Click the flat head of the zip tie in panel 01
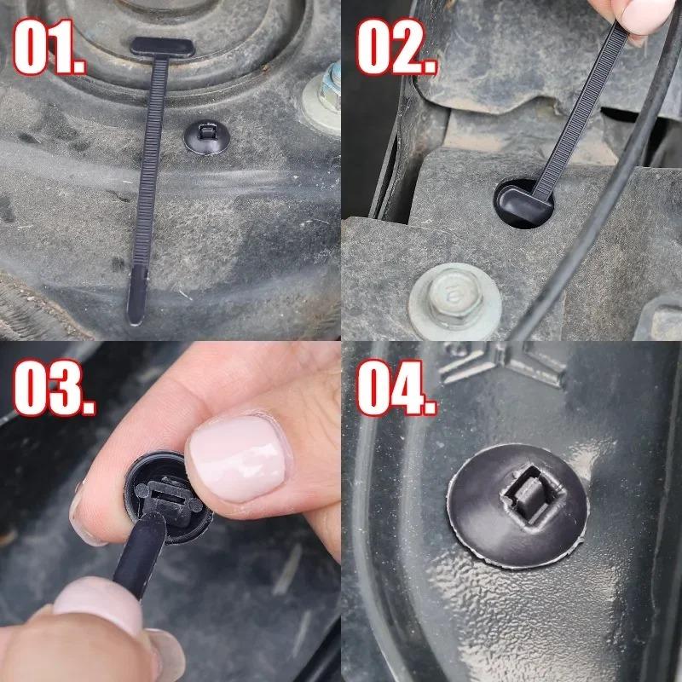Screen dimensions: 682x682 (162, 48)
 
